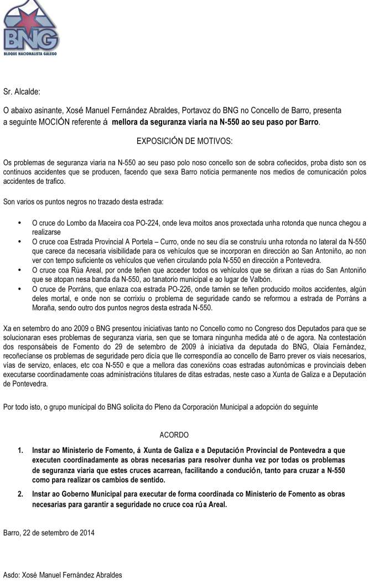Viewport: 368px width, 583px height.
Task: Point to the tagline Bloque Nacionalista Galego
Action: click(30, 54)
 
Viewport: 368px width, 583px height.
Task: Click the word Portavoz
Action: click(206, 110)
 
